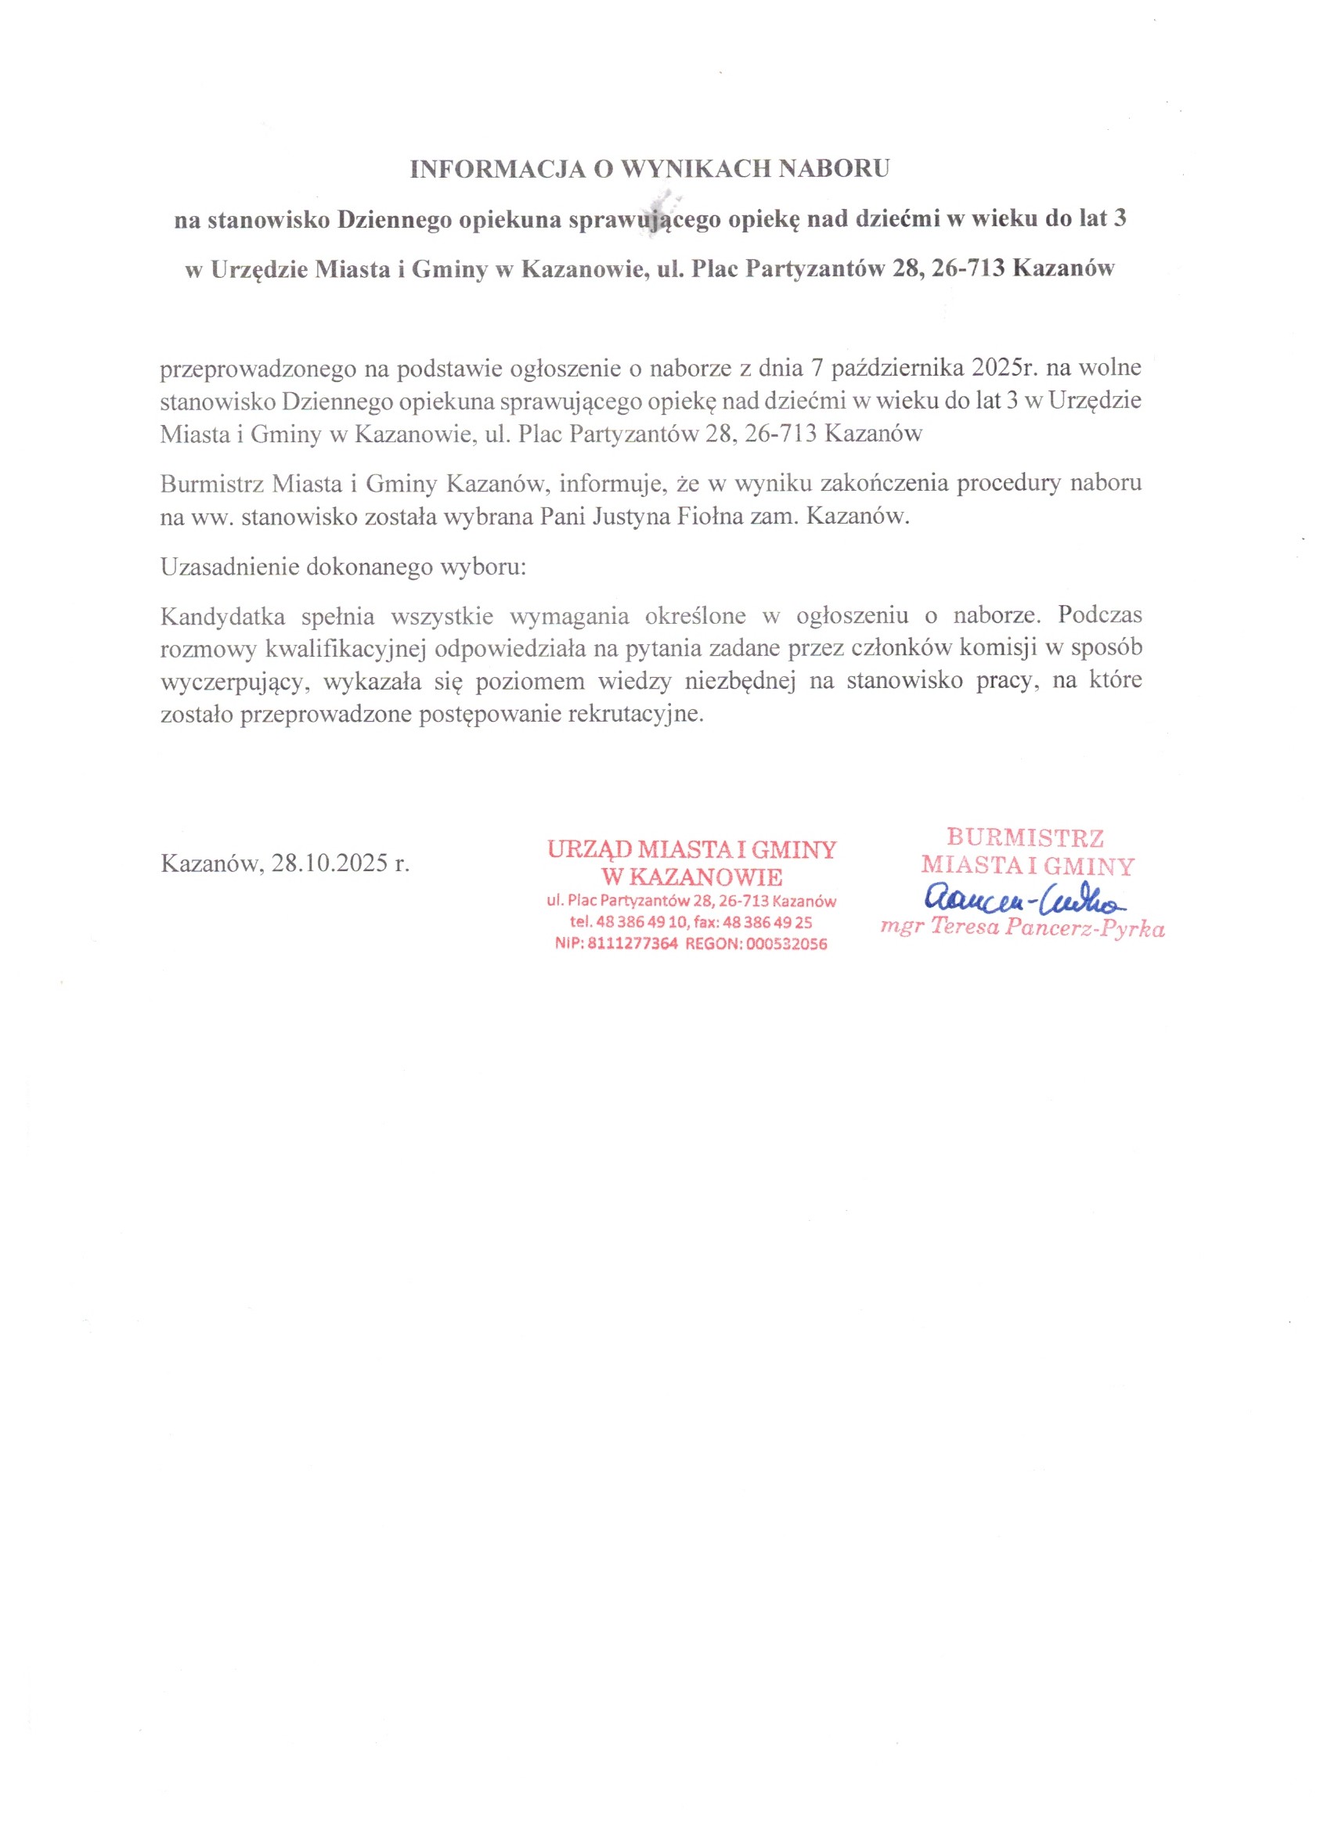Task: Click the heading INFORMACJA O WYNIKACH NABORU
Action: [x=650, y=168]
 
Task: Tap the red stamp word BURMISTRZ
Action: [x=1025, y=838]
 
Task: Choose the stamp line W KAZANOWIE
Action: [x=692, y=877]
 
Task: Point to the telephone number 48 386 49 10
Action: [x=641, y=922]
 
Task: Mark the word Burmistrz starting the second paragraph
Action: [x=211, y=485]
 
